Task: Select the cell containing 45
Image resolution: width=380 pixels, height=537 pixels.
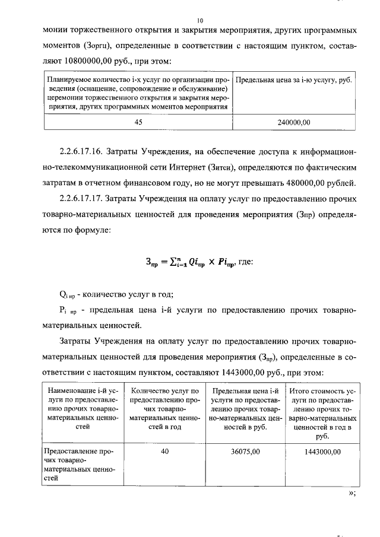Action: point(138,123)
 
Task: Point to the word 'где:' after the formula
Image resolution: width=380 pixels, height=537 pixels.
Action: point(245,259)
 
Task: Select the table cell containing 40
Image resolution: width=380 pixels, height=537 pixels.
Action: point(164,452)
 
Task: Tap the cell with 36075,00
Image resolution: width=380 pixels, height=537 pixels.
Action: point(245,452)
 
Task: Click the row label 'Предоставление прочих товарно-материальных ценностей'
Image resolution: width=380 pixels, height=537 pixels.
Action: point(79,464)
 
